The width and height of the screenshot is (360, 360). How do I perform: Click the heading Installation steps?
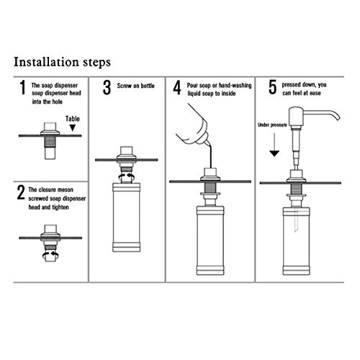(62, 62)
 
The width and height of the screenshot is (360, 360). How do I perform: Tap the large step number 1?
(22, 87)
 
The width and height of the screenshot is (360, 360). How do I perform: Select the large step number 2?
(21, 192)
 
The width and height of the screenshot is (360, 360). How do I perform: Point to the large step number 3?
(107, 88)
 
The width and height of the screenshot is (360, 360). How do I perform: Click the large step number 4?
(177, 88)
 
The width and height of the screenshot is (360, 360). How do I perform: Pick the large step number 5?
(272, 87)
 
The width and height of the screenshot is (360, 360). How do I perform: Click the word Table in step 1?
(73, 119)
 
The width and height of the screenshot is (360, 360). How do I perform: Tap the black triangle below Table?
(73, 127)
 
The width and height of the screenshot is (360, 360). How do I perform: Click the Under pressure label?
(272, 125)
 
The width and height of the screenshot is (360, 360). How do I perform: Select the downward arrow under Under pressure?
(274, 145)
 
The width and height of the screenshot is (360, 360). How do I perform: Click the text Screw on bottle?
(135, 86)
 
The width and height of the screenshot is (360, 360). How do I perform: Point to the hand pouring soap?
(192, 125)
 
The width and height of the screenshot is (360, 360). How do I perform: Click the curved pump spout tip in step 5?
(338, 118)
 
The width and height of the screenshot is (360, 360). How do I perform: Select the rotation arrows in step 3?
(127, 176)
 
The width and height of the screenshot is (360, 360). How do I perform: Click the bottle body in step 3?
(127, 217)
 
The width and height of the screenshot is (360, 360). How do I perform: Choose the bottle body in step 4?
(210, 240)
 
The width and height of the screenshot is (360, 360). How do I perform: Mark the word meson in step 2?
(65, 190)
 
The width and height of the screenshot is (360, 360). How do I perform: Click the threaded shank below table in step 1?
(50, 142)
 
